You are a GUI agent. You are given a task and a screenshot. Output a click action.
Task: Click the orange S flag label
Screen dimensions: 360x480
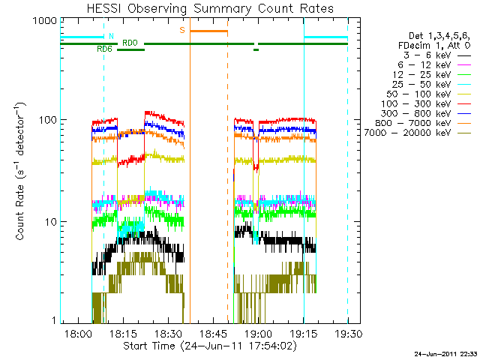point(181,31)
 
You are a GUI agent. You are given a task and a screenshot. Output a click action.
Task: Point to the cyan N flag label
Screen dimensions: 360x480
point(111,36)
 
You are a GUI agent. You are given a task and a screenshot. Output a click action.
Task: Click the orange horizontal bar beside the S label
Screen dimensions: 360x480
point(208,31)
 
